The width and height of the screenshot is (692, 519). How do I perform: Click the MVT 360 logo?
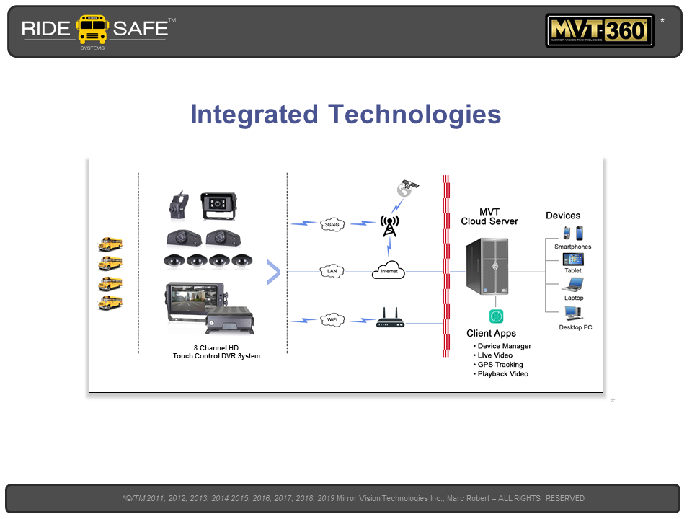coord(600,31)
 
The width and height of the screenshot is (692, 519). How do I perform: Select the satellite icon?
coord(407,189)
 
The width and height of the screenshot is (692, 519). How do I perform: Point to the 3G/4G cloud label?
coord(332,224)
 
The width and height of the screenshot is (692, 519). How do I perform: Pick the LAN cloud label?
coord(332,272)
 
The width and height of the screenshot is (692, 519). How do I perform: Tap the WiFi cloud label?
coord(332,319)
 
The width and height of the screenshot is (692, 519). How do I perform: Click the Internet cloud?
coord(389,270)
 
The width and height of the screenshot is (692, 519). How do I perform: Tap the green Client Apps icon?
coord(496,316)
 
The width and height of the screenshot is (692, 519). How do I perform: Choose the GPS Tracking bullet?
coord(500,365)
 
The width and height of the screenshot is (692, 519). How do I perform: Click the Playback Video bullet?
coord(502,374)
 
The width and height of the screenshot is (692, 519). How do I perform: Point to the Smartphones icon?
coord(573,234)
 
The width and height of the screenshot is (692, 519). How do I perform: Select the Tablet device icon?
coord(573,259)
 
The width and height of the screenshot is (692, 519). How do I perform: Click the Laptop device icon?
coord(573,285)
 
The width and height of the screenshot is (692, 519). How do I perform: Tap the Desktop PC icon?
coord(574,314)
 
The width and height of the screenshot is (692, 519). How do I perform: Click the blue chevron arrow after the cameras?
coord(273,272)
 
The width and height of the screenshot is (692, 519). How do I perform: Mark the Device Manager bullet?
coord(504,346)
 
